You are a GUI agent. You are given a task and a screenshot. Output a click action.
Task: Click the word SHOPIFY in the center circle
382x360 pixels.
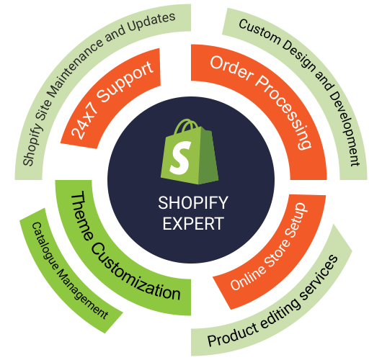coord(193,203)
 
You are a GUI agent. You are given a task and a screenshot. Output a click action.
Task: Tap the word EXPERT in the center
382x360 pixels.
coord(193,223)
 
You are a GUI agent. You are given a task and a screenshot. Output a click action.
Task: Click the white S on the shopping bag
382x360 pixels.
coord(180,158)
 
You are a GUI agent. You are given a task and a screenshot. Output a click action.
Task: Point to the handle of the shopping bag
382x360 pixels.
coord(186,125)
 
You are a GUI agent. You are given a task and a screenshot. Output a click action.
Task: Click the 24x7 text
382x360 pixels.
coord(84,122)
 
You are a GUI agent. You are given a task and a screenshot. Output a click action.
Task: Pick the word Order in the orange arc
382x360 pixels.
coord(231,69)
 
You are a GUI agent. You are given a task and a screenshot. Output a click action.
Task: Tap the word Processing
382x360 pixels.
coord(285,112)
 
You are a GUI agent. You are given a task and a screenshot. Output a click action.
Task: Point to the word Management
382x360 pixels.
coord(81,294)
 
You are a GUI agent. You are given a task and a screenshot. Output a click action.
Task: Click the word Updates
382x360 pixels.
coord(151,22)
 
